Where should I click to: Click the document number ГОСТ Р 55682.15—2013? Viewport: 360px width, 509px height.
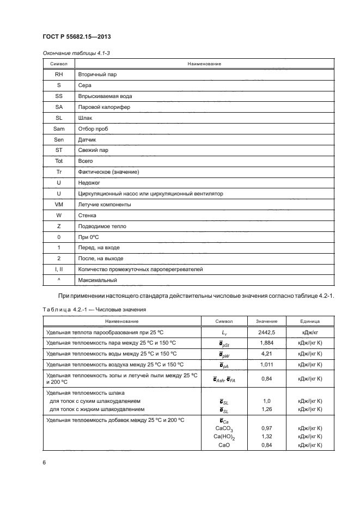tap(77, 37)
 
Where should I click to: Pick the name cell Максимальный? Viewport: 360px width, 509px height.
tap(98, 280)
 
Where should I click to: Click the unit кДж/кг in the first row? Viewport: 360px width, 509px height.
tap(310, 331)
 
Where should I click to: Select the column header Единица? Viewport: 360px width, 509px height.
tap(310, 321)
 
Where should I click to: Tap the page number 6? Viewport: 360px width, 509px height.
tap(44, 462)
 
